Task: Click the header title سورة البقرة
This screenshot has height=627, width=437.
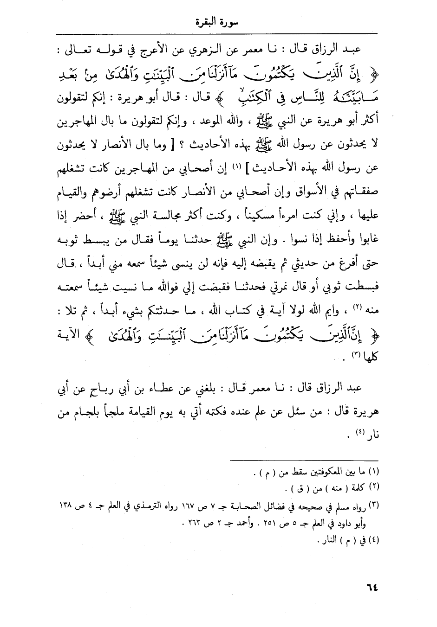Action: [x=218, y=22]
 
